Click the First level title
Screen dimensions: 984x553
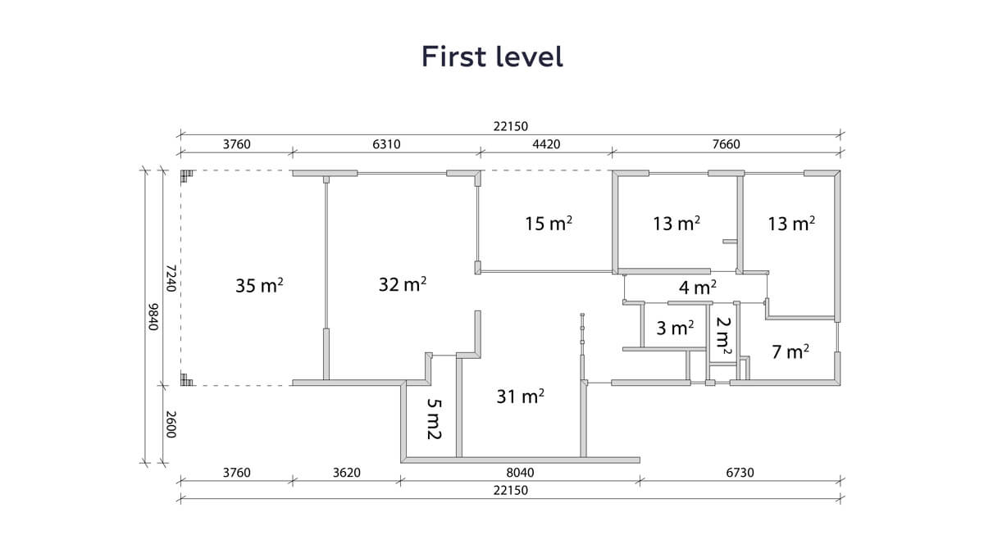pyautogui.click(x=492, y=57)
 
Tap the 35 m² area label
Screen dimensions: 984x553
pyautogui.click(x=259, y=285)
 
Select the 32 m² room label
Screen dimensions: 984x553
pyautogui.click(x=403, y=284)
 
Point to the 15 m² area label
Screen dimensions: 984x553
pyautogui.click(x=549, y=223)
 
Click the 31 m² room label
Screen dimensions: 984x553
pyautogui.click(x=521, y=396)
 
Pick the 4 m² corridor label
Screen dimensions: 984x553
pyautogui.click(x=698, y=288)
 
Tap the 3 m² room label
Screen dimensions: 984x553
pyautogui.click(x=675, y=328)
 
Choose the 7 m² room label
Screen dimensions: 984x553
pyautogui.click(x=790, y=351)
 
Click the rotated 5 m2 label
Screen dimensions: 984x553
pyautogui.click(x=434, y=419)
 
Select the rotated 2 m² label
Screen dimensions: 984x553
pyautogui.click(x=723, y=336)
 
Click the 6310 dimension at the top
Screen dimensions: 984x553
pyautogui.click(x=386, y=144)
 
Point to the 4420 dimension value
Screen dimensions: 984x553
pyautogui.click(x=546, y=144)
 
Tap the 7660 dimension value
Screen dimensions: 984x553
pyautogui.click(x=727, y=144)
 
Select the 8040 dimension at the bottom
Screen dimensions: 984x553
pyautogui.click(x=520, y=472)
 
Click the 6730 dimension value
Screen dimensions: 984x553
pyautogui.click(x=740, y=472)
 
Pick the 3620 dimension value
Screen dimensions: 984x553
pyautogui.click(x=347, y=472)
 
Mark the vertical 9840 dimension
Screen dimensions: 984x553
pyautogui.click(x=153, y=316)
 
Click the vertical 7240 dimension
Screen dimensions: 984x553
pyautogui.click(x=171, y=278)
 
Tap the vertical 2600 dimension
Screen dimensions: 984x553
pyautogui.click(x=171, y=424)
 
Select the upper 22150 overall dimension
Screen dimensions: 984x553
pyautogui.click(x=510, y=126)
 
